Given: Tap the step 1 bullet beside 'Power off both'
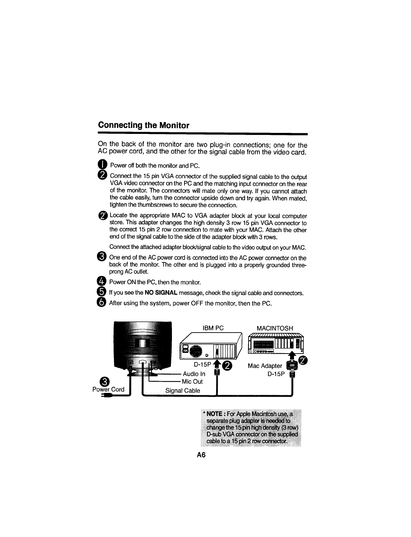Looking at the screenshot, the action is click(102, 165).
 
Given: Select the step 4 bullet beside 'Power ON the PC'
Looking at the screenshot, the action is click(102, 282).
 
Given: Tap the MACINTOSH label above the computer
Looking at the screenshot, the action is click(275, 328).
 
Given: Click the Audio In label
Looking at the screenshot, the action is click(194, 374).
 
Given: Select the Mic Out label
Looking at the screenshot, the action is click(192, 381).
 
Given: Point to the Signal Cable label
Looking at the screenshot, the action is click(182, 391).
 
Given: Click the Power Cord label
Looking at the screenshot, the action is click(109, 389).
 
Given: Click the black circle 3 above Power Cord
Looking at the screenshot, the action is click(105, 381).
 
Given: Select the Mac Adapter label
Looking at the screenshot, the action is click(265, 366).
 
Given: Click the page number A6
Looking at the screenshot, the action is click(201, 455).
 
